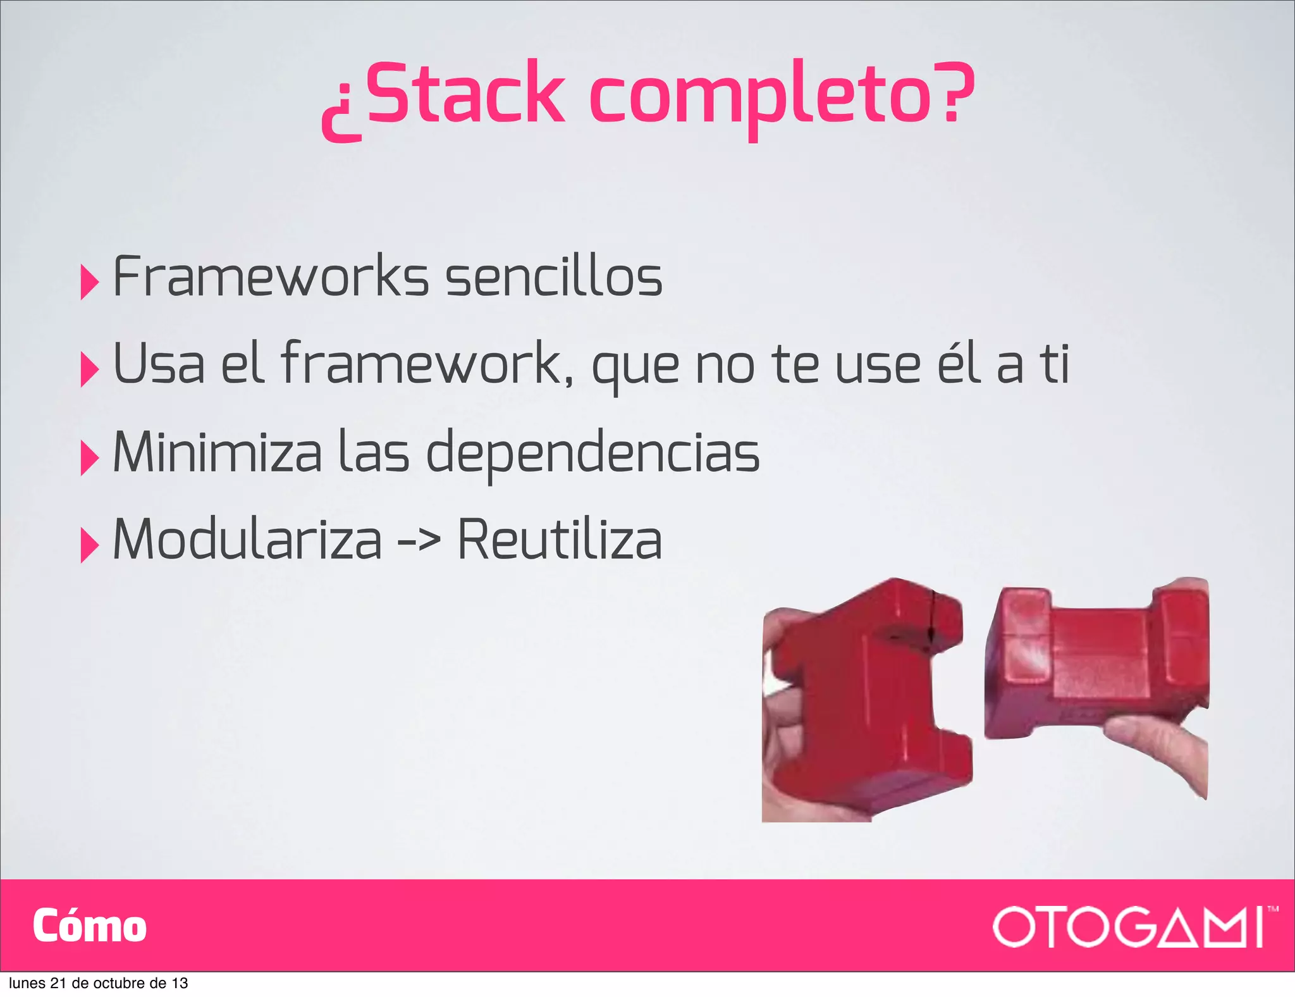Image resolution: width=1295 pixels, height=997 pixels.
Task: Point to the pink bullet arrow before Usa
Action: (89, 369)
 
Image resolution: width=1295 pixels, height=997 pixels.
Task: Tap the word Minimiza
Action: (217, 452)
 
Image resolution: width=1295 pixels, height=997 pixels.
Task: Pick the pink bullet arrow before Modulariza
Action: (89, 545)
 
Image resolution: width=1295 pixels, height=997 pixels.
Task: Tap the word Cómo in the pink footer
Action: (89, 926)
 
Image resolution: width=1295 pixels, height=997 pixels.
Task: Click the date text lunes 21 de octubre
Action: (98, 983)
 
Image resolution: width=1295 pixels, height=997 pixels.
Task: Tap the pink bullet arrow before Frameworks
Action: (89, 282)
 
